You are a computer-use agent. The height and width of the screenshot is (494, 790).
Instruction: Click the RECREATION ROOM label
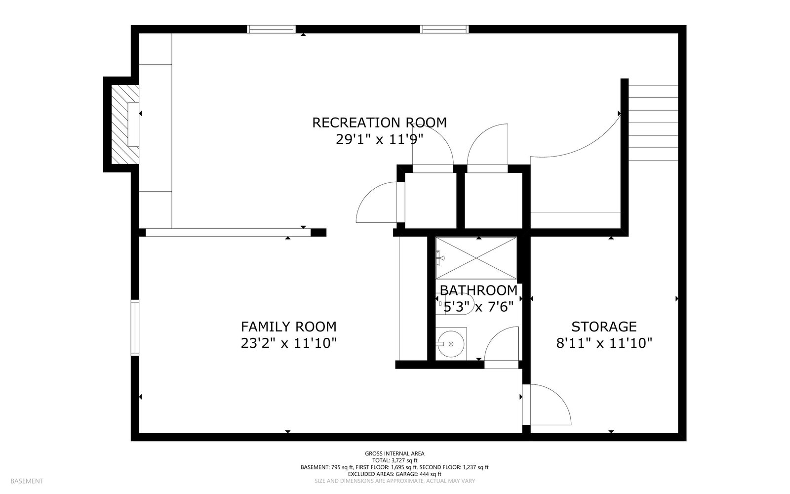point(380,123)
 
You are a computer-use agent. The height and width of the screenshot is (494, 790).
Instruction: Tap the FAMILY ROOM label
point(288,327)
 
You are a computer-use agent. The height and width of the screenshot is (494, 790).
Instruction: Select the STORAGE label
point(604,327)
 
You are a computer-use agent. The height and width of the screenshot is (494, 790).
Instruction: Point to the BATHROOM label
point(478,290)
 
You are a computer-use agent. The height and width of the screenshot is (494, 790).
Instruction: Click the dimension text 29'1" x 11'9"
point(380,139)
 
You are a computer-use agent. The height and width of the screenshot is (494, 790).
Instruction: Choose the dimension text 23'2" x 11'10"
point(288,343)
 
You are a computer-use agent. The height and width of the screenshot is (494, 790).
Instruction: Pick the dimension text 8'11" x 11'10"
point(604,343)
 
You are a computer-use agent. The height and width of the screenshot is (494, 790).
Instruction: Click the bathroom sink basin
point(451,344)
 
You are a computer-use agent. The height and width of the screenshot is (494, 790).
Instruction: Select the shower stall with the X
point(476,258)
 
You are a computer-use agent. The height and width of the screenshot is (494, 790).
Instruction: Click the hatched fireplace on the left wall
point(125,124)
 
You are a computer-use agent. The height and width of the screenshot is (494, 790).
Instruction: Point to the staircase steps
point(653,123)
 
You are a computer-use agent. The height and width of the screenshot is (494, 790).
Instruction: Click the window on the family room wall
point(135,328)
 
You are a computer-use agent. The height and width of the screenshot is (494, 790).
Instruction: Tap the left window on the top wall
point(271,29)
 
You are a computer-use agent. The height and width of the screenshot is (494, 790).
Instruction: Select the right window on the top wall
point(444,29)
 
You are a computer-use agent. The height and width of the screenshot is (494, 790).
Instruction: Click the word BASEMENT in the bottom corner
point(27,481)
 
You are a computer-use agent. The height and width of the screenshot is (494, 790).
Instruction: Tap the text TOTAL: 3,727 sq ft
point(395,460)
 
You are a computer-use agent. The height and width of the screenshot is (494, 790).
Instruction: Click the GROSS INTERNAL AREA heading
point(395,454)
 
